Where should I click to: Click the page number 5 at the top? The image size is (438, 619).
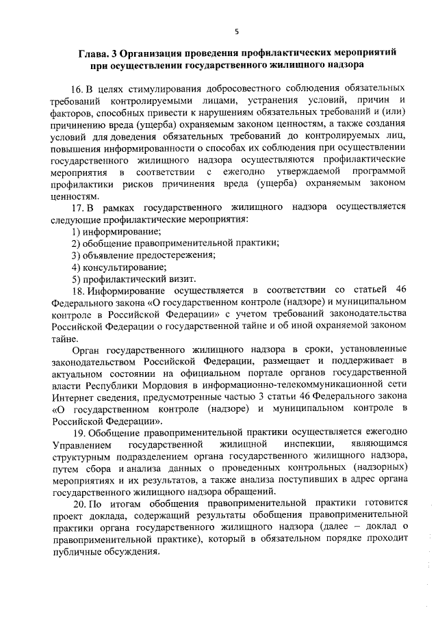pos(235,31)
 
